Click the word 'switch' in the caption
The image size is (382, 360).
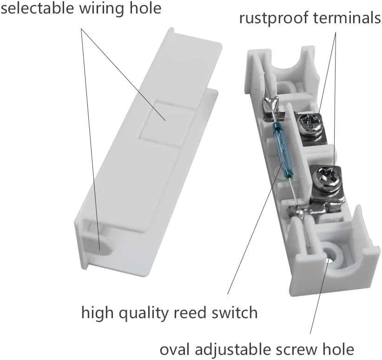(237, 312)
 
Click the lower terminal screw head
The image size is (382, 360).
(323, 177)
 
